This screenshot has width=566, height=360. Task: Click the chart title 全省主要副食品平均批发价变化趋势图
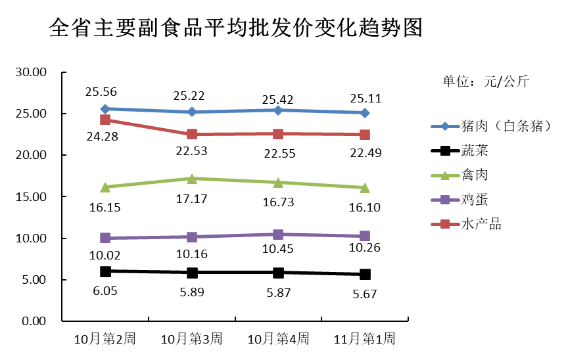pos(235,28)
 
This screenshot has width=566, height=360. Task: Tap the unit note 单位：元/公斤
pos(485,81)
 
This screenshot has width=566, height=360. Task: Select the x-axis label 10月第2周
pos(105,339)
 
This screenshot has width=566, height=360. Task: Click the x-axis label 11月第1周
pos(365,339)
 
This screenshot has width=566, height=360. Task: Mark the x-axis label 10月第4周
pos(278,339)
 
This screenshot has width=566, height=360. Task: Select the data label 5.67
pos(364,294)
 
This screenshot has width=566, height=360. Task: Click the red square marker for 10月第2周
pos(105,120)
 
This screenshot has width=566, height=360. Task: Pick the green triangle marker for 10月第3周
pos(192,178)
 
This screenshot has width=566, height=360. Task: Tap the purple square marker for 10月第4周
pos(278,235)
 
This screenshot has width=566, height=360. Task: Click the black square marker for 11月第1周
pos(365,274)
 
